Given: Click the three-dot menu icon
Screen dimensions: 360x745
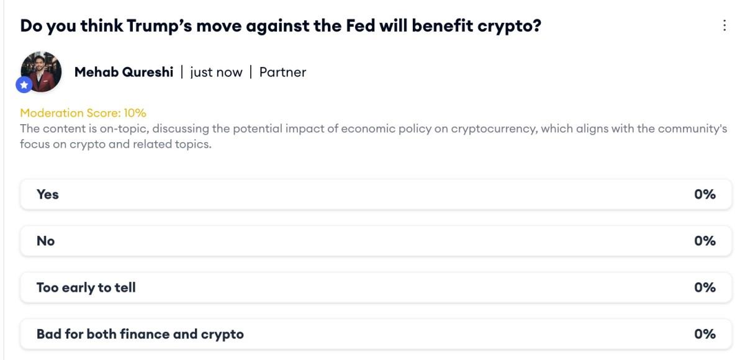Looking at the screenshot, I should click(x=724, y=25).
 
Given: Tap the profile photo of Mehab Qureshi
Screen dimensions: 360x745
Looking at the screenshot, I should click(x=42, y=71).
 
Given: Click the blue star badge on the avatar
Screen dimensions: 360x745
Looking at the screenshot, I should click(x=24, y=84).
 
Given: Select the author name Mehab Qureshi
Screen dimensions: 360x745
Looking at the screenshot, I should click(x=124, y=72).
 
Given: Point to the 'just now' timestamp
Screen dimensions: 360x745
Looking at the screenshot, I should click(x=216, y=72).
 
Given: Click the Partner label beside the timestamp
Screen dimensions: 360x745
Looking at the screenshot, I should click(x=282, y=72).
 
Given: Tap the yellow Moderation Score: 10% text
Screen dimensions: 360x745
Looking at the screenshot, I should click(x=83, y=113).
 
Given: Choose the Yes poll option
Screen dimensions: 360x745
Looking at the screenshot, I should click(x=48, y=194).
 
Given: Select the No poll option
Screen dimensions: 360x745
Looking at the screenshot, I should click(x=45, y=241).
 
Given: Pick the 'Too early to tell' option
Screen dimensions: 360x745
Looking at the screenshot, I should click(x=86, y=287).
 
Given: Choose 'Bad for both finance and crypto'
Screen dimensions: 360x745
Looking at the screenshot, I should click(x=140, y=334).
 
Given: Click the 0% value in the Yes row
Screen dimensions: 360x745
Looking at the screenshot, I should click(x=705, y=194).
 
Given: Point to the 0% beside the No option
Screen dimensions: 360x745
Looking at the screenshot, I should click(x=705, y=241).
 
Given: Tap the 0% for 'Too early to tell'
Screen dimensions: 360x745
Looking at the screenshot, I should click(x=705, y=287).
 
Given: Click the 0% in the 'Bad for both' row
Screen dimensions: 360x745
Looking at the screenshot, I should click(x=705, y=334).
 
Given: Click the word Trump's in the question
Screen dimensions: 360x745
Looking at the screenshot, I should click(x=155, y=26).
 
